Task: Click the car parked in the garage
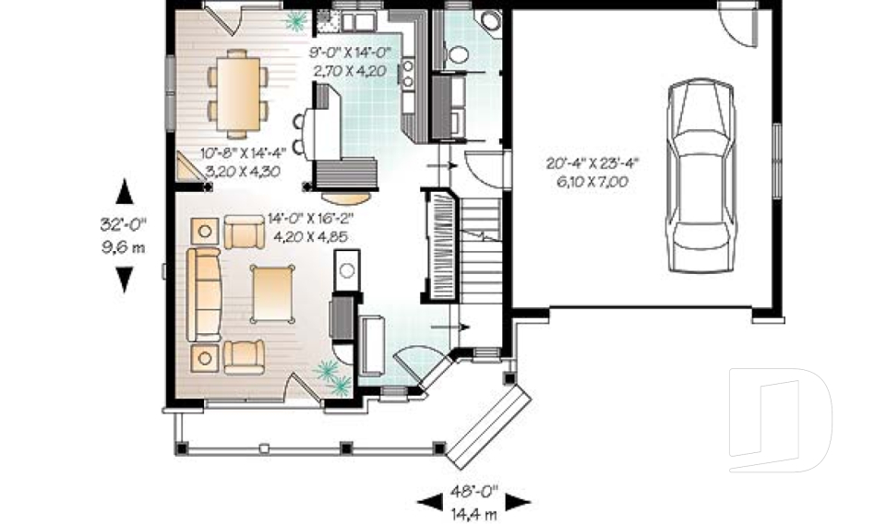coord(701,175)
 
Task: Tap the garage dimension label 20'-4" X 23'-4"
coord(592,164)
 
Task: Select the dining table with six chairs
coord(238,94)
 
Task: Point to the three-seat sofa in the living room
coord(204,295)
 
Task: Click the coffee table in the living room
coord(273,293)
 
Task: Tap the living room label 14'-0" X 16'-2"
coord(312,218)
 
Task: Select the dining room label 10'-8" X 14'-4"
coord(244,152)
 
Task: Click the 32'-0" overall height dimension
coord(123,224)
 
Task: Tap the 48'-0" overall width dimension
coord(474,491)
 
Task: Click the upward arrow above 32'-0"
coord(125,192)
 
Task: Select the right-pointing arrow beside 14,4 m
coord(518,501)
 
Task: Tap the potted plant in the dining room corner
coord(294,21)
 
